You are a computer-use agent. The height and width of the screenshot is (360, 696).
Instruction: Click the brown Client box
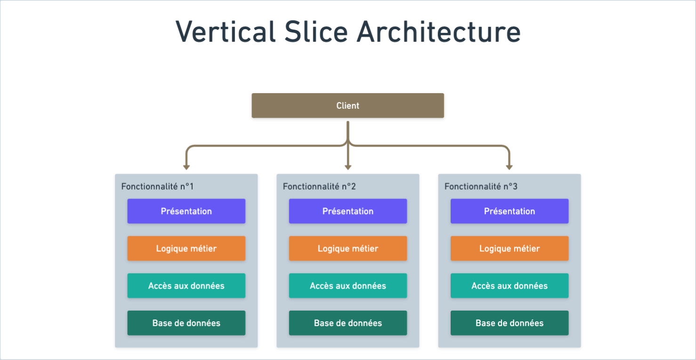(348, 105)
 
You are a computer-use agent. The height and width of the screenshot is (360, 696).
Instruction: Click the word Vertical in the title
(225, 32)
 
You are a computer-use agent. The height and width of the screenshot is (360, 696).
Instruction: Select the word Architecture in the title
(438, 32)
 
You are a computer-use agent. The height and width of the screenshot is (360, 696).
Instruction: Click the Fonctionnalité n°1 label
(157, 186)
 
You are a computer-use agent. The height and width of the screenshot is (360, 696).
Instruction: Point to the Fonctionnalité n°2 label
(319, 186)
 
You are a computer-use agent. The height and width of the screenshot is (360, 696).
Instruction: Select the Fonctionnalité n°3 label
(481, 186)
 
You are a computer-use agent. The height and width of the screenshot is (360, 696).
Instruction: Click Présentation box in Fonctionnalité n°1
(186, 211)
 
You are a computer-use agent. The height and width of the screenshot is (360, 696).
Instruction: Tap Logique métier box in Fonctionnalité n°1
(186, 248)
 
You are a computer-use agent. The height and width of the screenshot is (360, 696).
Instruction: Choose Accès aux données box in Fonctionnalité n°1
(186, 286)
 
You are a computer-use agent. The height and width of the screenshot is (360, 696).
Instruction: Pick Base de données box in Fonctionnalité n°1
(186, 323)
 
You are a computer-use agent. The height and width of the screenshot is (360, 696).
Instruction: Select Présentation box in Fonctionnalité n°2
(348, 211)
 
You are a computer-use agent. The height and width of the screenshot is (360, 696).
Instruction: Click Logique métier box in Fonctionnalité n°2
(348, 248)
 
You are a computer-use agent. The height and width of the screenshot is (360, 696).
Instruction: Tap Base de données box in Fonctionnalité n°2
(348, 323)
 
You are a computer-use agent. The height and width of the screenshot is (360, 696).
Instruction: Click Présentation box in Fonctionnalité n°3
(510, 211)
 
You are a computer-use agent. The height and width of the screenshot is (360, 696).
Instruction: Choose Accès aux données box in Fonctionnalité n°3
(510, 286)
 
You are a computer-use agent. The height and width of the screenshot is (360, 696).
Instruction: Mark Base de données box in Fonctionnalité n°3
(510, 323)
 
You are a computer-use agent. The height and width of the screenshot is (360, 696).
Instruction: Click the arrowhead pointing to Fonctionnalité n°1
(186, 167)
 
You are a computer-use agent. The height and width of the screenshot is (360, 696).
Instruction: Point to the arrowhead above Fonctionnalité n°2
(348, 167)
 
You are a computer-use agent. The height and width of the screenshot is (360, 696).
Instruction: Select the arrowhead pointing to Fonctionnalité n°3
(509, 167)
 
